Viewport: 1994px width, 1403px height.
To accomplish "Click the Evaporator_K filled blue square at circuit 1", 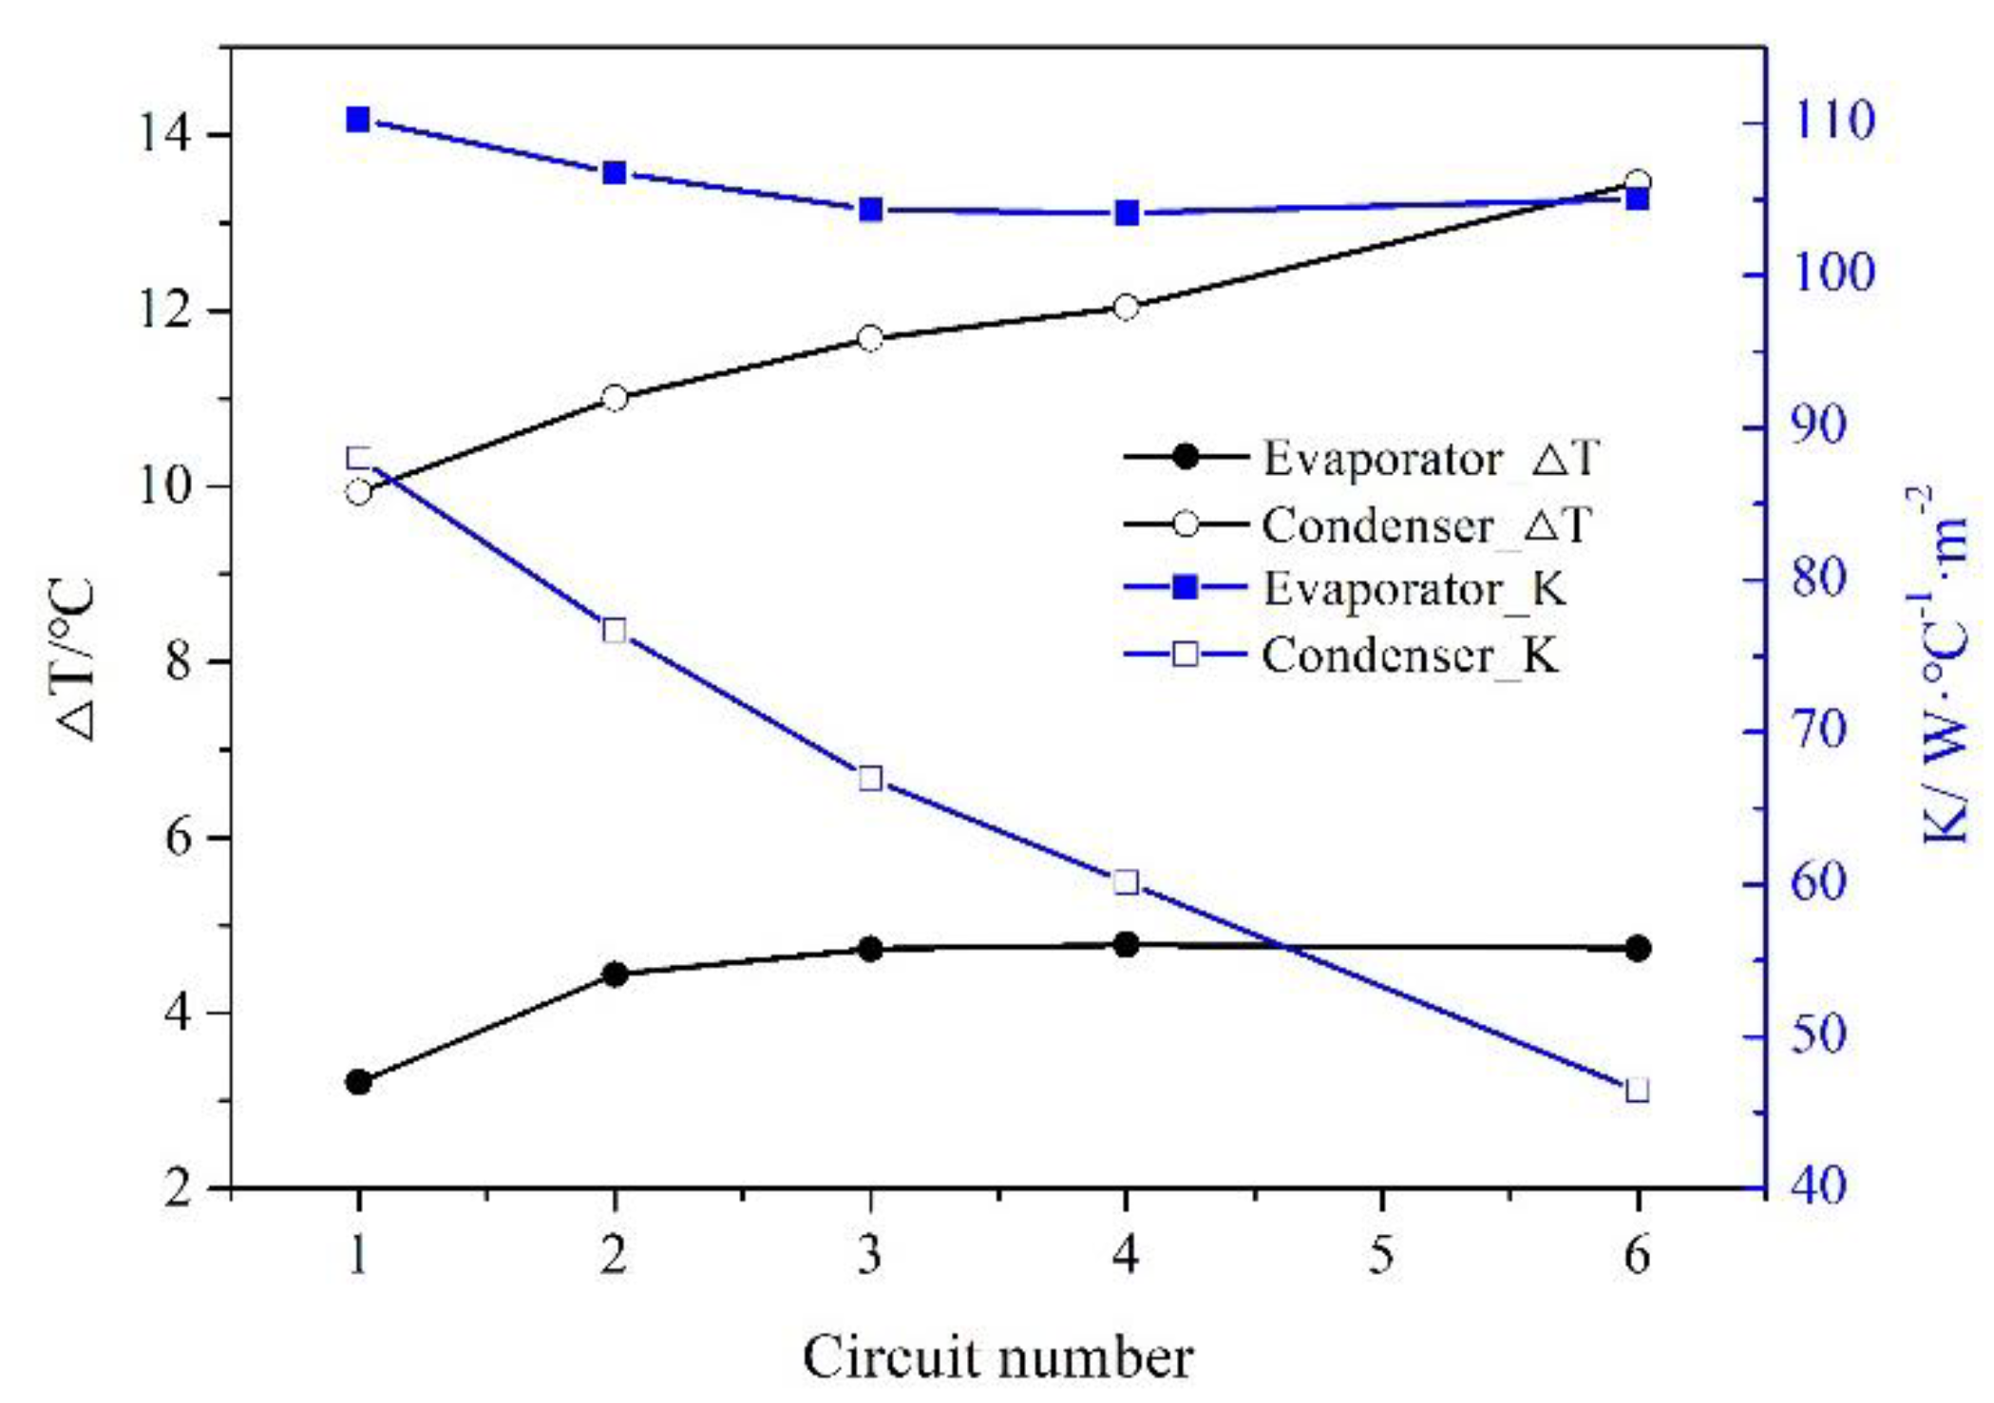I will [x=358, y=120].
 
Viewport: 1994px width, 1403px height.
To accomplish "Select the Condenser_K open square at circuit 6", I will [x=1637, y=1090].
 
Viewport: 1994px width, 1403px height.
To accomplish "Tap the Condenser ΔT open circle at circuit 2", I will [x=615, y=397].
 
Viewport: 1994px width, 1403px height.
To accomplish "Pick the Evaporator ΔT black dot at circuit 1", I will [x=358, y=1081].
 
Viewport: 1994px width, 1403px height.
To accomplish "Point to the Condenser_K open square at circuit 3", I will [x=870, y=779].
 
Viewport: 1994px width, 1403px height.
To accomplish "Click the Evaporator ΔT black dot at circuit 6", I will [x=1637, y=948].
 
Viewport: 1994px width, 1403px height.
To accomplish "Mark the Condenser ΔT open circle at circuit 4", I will [x=1126, y=307].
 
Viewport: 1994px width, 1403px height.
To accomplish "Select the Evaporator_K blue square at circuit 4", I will [x=1126, y=213].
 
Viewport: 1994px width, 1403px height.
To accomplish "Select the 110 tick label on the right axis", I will [x=1832, y=121].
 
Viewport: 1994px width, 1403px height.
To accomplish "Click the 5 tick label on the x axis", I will [x=1381, y=1256].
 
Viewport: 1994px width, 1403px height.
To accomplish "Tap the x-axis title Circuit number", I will [x=997, y=1356].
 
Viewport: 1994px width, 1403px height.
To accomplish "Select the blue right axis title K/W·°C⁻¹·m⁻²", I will [x=1942, y=665].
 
